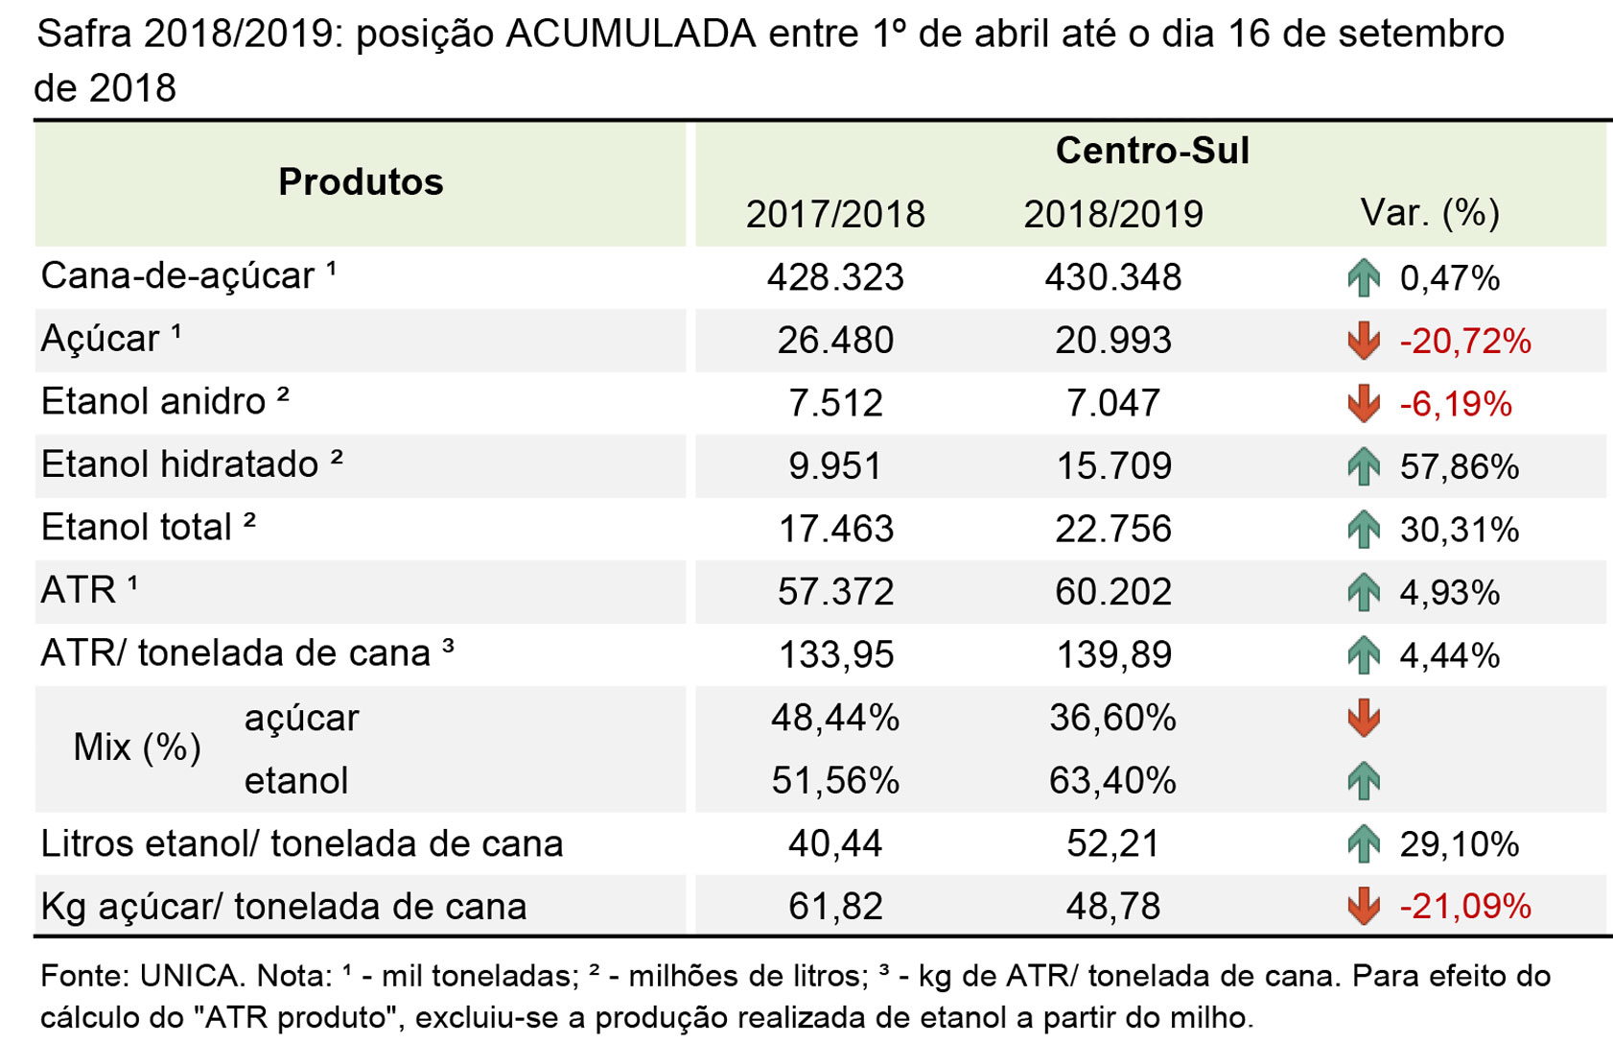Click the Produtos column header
tap(361, 181)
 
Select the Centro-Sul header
tap(1152, 151)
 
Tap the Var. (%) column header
tap(1430, 212)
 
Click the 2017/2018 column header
tap(835, 214)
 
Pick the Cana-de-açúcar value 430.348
tap(1113, 277)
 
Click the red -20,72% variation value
tap(1465, 341)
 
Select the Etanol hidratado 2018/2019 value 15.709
tap(1114, 466)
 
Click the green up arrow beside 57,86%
tap(1363, 466)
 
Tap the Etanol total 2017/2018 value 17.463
tap(836, 529)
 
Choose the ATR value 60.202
tap(1113, 591)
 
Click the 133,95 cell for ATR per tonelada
tap(836, 654)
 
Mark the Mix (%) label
tap(137, 747)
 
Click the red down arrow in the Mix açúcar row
tap(1363, 718)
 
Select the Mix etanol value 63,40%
tap(1112, 781)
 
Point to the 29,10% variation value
tap(1459, 843)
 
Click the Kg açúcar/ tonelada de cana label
tap(284, 906)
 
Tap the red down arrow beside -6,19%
tap(1363, 403)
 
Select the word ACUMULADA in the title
tap(631, 34)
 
